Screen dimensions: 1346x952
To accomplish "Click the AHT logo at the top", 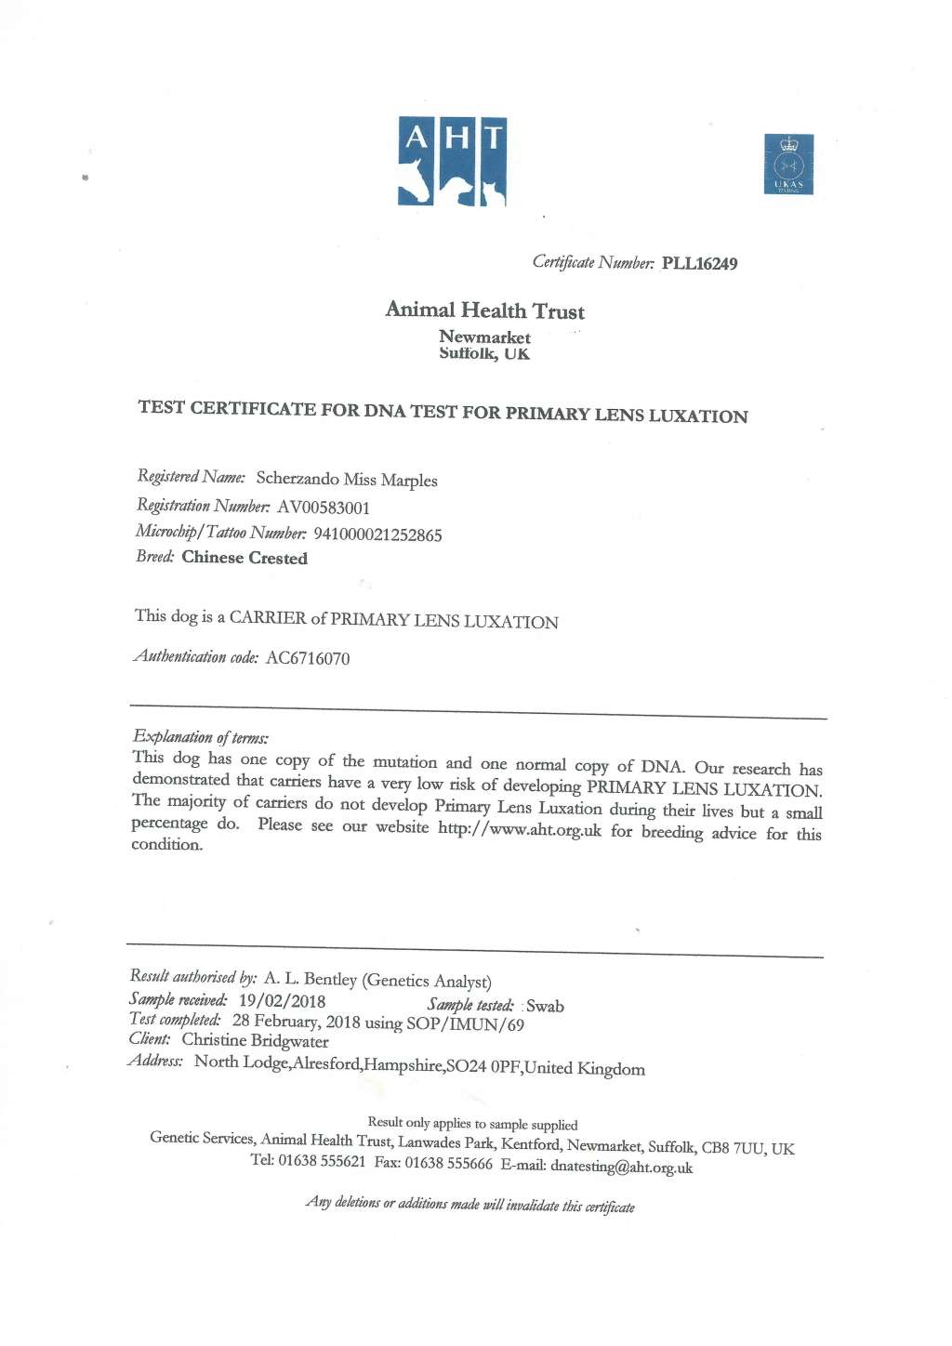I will (x=452, y=161).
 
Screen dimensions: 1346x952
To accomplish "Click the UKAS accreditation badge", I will (x=788, y=165).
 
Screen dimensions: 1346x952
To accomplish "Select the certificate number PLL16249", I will (x=699, y=264).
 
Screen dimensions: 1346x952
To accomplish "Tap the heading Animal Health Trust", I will (x=484, y=310).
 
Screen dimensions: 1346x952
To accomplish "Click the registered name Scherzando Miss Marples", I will (x=347, y=480).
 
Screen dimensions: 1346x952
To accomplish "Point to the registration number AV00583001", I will (x=324, y=508).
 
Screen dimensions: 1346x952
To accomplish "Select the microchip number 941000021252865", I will (x=377, y=534).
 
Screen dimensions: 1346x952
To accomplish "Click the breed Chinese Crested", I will (x=245, y=558).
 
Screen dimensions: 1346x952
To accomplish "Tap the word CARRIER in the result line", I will (x=268, y=618).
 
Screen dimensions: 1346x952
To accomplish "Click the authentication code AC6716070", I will (x=308, y=658).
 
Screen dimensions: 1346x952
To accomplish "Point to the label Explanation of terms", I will (x=201, y=738).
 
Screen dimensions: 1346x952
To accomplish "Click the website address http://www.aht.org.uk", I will (x=520, y=828).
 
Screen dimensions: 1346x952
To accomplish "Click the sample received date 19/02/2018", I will (x=282, y=1001).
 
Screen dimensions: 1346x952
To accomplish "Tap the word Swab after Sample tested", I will (x=545, y=1006).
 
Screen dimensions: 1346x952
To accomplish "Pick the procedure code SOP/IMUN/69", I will (x=465, y=1024).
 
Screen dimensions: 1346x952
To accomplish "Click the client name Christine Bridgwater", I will (x=255, y=1041).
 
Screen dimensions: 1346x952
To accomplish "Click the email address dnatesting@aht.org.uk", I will (x=621, y=1168).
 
